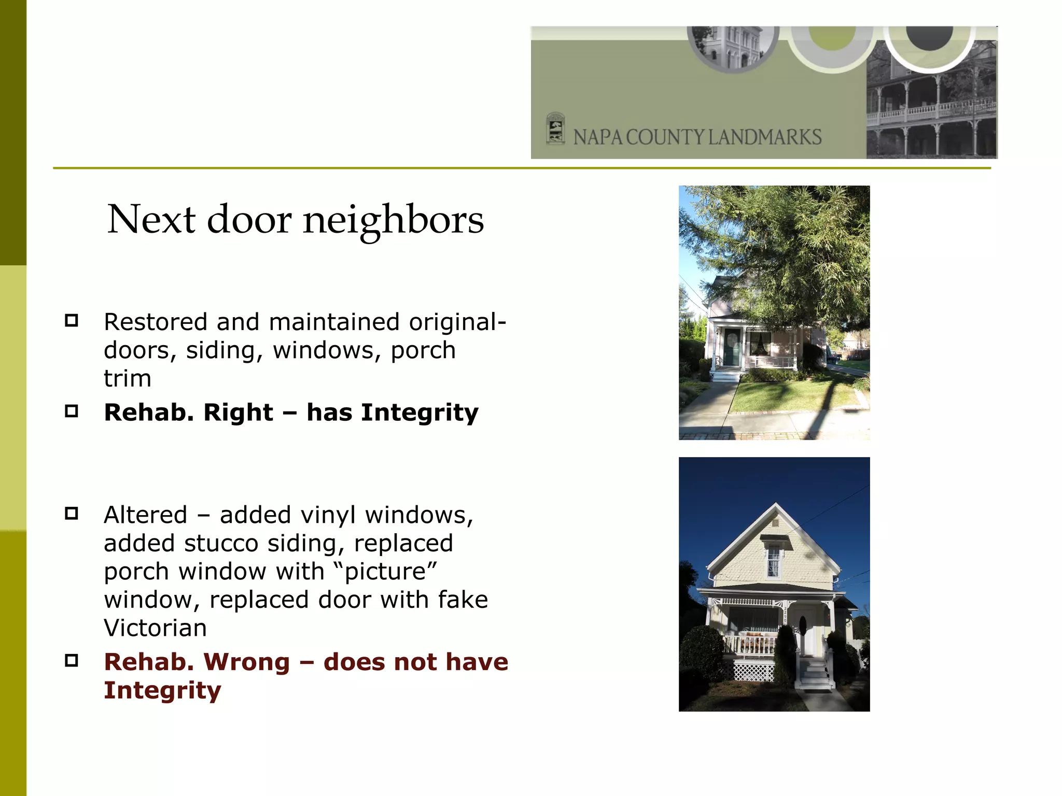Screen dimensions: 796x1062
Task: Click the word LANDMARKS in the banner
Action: (765, 137)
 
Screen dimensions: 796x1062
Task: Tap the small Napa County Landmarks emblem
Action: (555, 129)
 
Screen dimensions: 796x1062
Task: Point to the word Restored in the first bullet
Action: (156, 322)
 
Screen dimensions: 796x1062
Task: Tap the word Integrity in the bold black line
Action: (420, 413)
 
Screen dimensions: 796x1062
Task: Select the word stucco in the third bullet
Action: (221, 544)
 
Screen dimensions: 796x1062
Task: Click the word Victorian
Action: (155, 628)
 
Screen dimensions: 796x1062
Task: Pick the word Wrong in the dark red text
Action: (246, 662)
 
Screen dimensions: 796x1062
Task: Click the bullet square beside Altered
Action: (72, 514)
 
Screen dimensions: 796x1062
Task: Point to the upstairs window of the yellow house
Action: (773, 561)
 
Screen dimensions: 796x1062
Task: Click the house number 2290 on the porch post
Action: (785, 615)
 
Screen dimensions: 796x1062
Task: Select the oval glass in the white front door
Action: (802, 626)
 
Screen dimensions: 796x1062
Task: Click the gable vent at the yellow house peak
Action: (775, 522)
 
